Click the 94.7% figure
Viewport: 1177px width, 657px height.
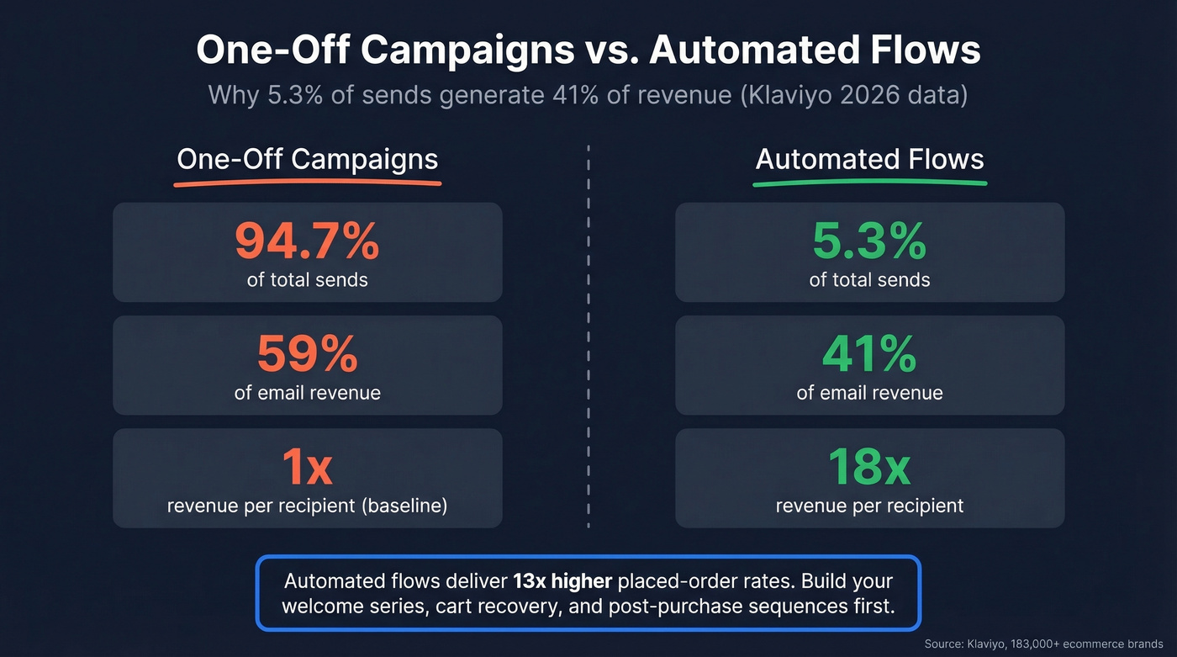coord(307,241)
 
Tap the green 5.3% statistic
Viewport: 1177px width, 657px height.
coord(869,241)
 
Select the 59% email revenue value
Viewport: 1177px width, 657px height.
coord(307,354)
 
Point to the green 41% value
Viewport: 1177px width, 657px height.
coord(869,354)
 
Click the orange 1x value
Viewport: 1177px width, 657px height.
coord(307,468)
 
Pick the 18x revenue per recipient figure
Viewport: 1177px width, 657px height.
coord(869,468)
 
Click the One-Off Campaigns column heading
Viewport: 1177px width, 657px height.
coord(307,159)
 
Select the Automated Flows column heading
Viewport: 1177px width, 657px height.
coord(869,159)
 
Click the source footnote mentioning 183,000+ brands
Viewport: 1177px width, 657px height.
coord(1043,644)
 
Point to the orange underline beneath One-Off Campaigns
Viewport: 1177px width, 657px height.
coord(308,182)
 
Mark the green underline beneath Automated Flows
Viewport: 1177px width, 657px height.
coord(869,182)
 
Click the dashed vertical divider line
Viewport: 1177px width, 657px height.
coord(588,336)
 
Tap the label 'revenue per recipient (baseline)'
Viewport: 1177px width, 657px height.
coord(307,506)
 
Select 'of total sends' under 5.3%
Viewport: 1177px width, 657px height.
coord(869,279)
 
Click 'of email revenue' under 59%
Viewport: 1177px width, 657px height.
coord(307,393)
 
